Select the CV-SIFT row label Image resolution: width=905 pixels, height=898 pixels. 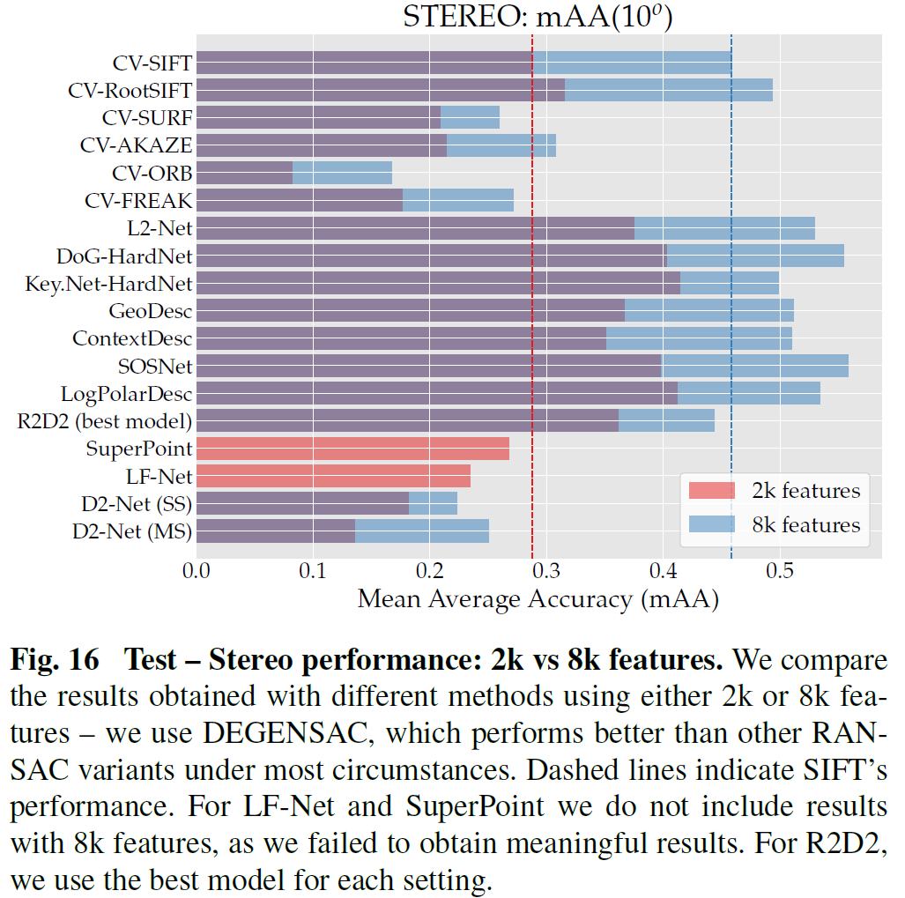tap(152, 63)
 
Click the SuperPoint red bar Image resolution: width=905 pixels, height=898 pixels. tap(352, 449)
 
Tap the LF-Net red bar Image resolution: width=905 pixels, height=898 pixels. tap(333, 476)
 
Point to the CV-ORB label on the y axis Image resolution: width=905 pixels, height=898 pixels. tap(152, 173)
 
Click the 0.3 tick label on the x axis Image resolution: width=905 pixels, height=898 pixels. tap(545, 572)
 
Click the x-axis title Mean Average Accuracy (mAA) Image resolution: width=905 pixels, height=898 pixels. tap(538, 600)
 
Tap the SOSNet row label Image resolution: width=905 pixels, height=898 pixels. tap(155, 366)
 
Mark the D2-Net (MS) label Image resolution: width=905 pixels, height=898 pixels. tap(132, 531)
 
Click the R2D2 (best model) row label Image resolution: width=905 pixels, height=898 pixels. tap(105, 420)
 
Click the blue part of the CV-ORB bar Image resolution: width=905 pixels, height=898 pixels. tap(342, 173)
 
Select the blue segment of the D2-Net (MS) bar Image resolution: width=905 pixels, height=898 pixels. tap(422, 531)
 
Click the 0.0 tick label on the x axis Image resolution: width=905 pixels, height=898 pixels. tap(196, 572)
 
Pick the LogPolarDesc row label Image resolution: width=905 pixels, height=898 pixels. tap(126, 393)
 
